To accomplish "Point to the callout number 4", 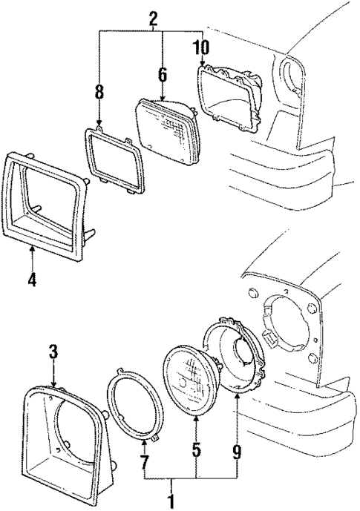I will [x=31, y=280].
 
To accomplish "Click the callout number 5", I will [x=196, y=449].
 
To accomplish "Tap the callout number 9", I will [x=237, y=449].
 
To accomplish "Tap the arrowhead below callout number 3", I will [x=53, y=384].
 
